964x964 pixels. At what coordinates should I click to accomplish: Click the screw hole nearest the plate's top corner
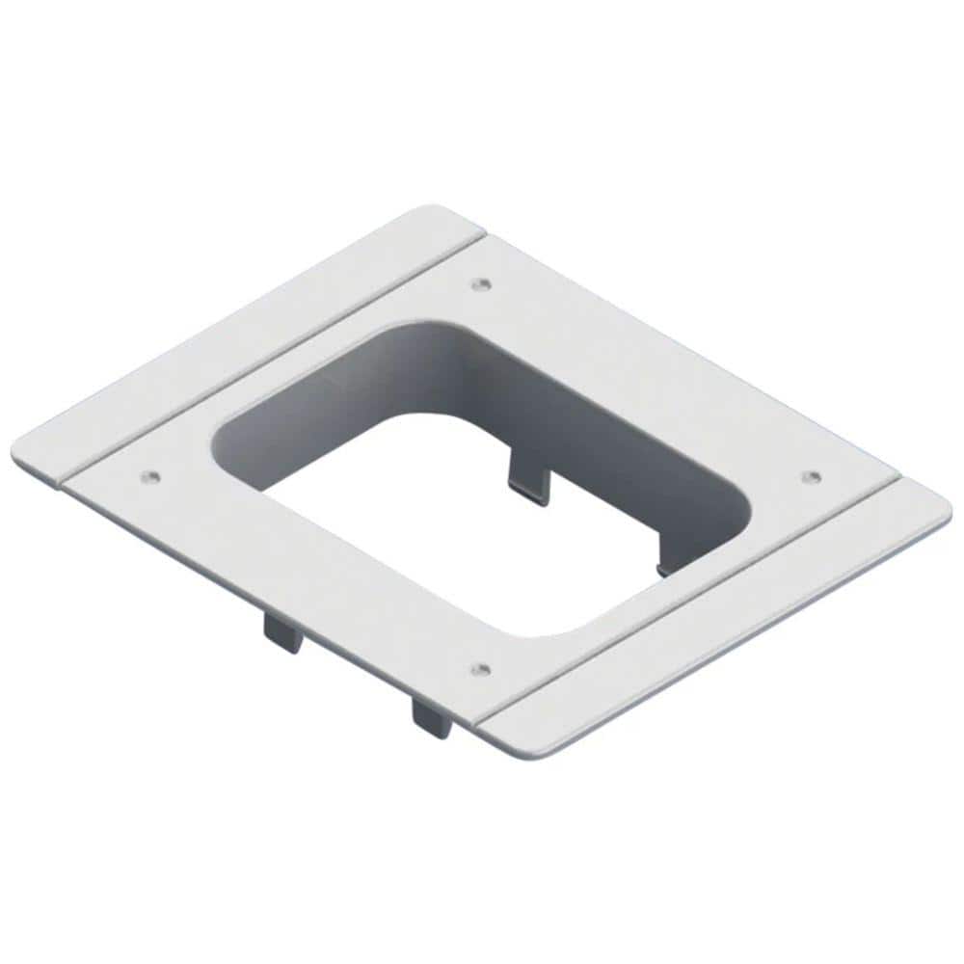[x=482, y=283]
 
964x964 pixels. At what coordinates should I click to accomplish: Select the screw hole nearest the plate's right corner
[x=812, y=476]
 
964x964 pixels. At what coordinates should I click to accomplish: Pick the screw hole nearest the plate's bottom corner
[x=481, y=668]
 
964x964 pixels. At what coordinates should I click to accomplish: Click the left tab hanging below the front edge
[x=282, y=632]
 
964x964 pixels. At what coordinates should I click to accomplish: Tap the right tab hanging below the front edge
[x=431, y=717]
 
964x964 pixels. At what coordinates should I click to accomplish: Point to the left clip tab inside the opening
[x=529, y=479]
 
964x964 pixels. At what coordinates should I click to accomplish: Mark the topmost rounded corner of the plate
[x=434, y=210]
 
